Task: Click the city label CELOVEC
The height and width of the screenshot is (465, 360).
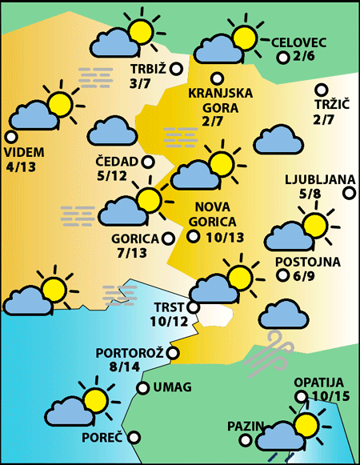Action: [301, 42]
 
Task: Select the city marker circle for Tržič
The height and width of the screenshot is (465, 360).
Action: [322, 90]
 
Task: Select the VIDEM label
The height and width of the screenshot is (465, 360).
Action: [25, 153]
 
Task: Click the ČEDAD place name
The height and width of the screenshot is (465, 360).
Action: [116, 162]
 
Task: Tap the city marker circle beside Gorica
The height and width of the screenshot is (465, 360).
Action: [168, 238]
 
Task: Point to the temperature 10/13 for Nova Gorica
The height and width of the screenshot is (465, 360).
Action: [224, 237]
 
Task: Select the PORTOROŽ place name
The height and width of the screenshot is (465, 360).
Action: [130, 353]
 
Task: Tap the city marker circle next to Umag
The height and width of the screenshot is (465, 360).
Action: [143, 388]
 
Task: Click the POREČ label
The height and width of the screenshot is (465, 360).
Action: [102, 438]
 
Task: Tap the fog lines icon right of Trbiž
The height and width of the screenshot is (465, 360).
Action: [95, 77]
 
